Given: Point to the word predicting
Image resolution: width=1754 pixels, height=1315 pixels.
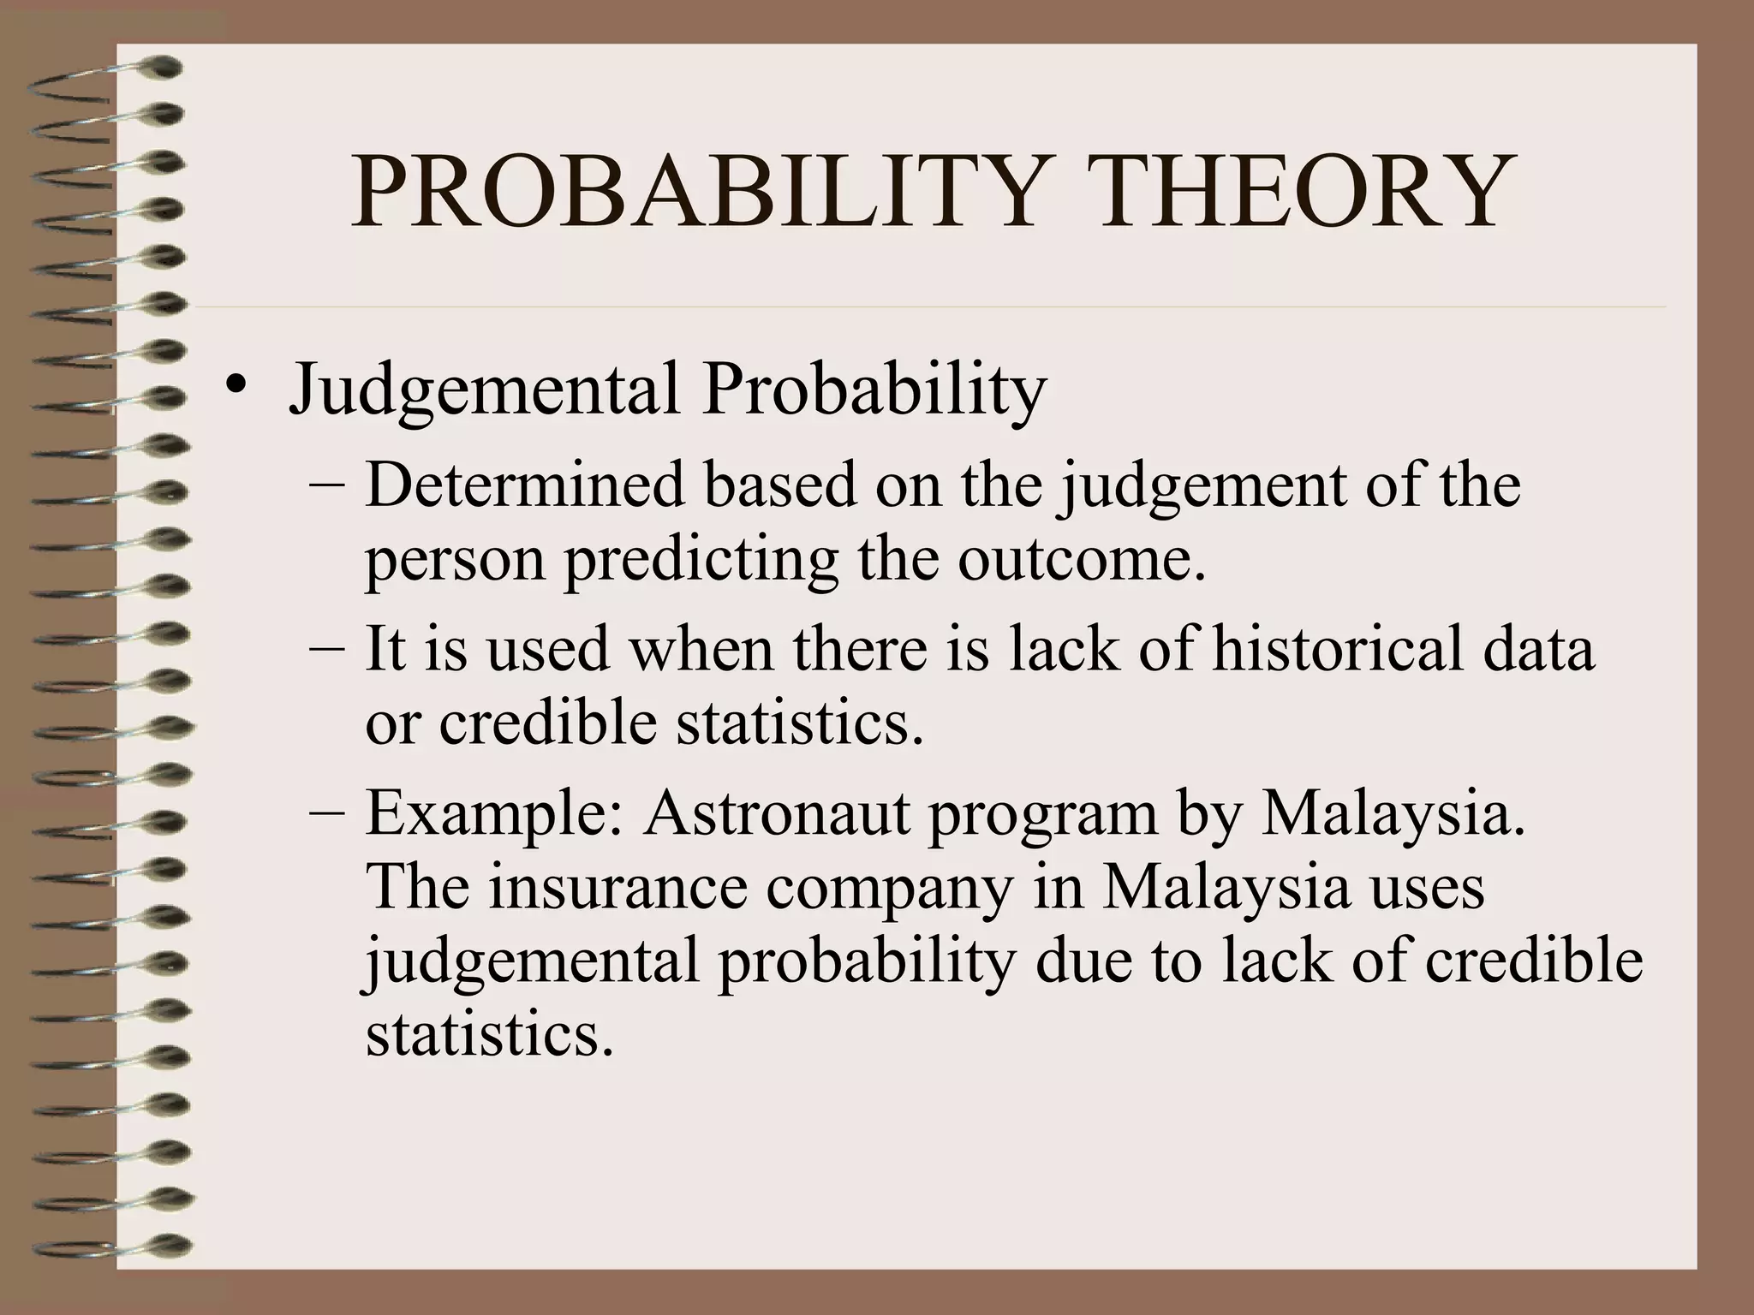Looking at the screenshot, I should tap(701, 561).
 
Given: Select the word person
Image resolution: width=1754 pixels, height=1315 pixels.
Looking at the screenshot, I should tap(455, 561).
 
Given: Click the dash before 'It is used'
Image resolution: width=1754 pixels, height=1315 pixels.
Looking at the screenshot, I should tap(326, 648).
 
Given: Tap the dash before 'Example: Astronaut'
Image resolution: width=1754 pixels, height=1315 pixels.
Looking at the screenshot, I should tap(326, 811).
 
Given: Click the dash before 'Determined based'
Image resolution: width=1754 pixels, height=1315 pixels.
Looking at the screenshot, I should tap(326, 485).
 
